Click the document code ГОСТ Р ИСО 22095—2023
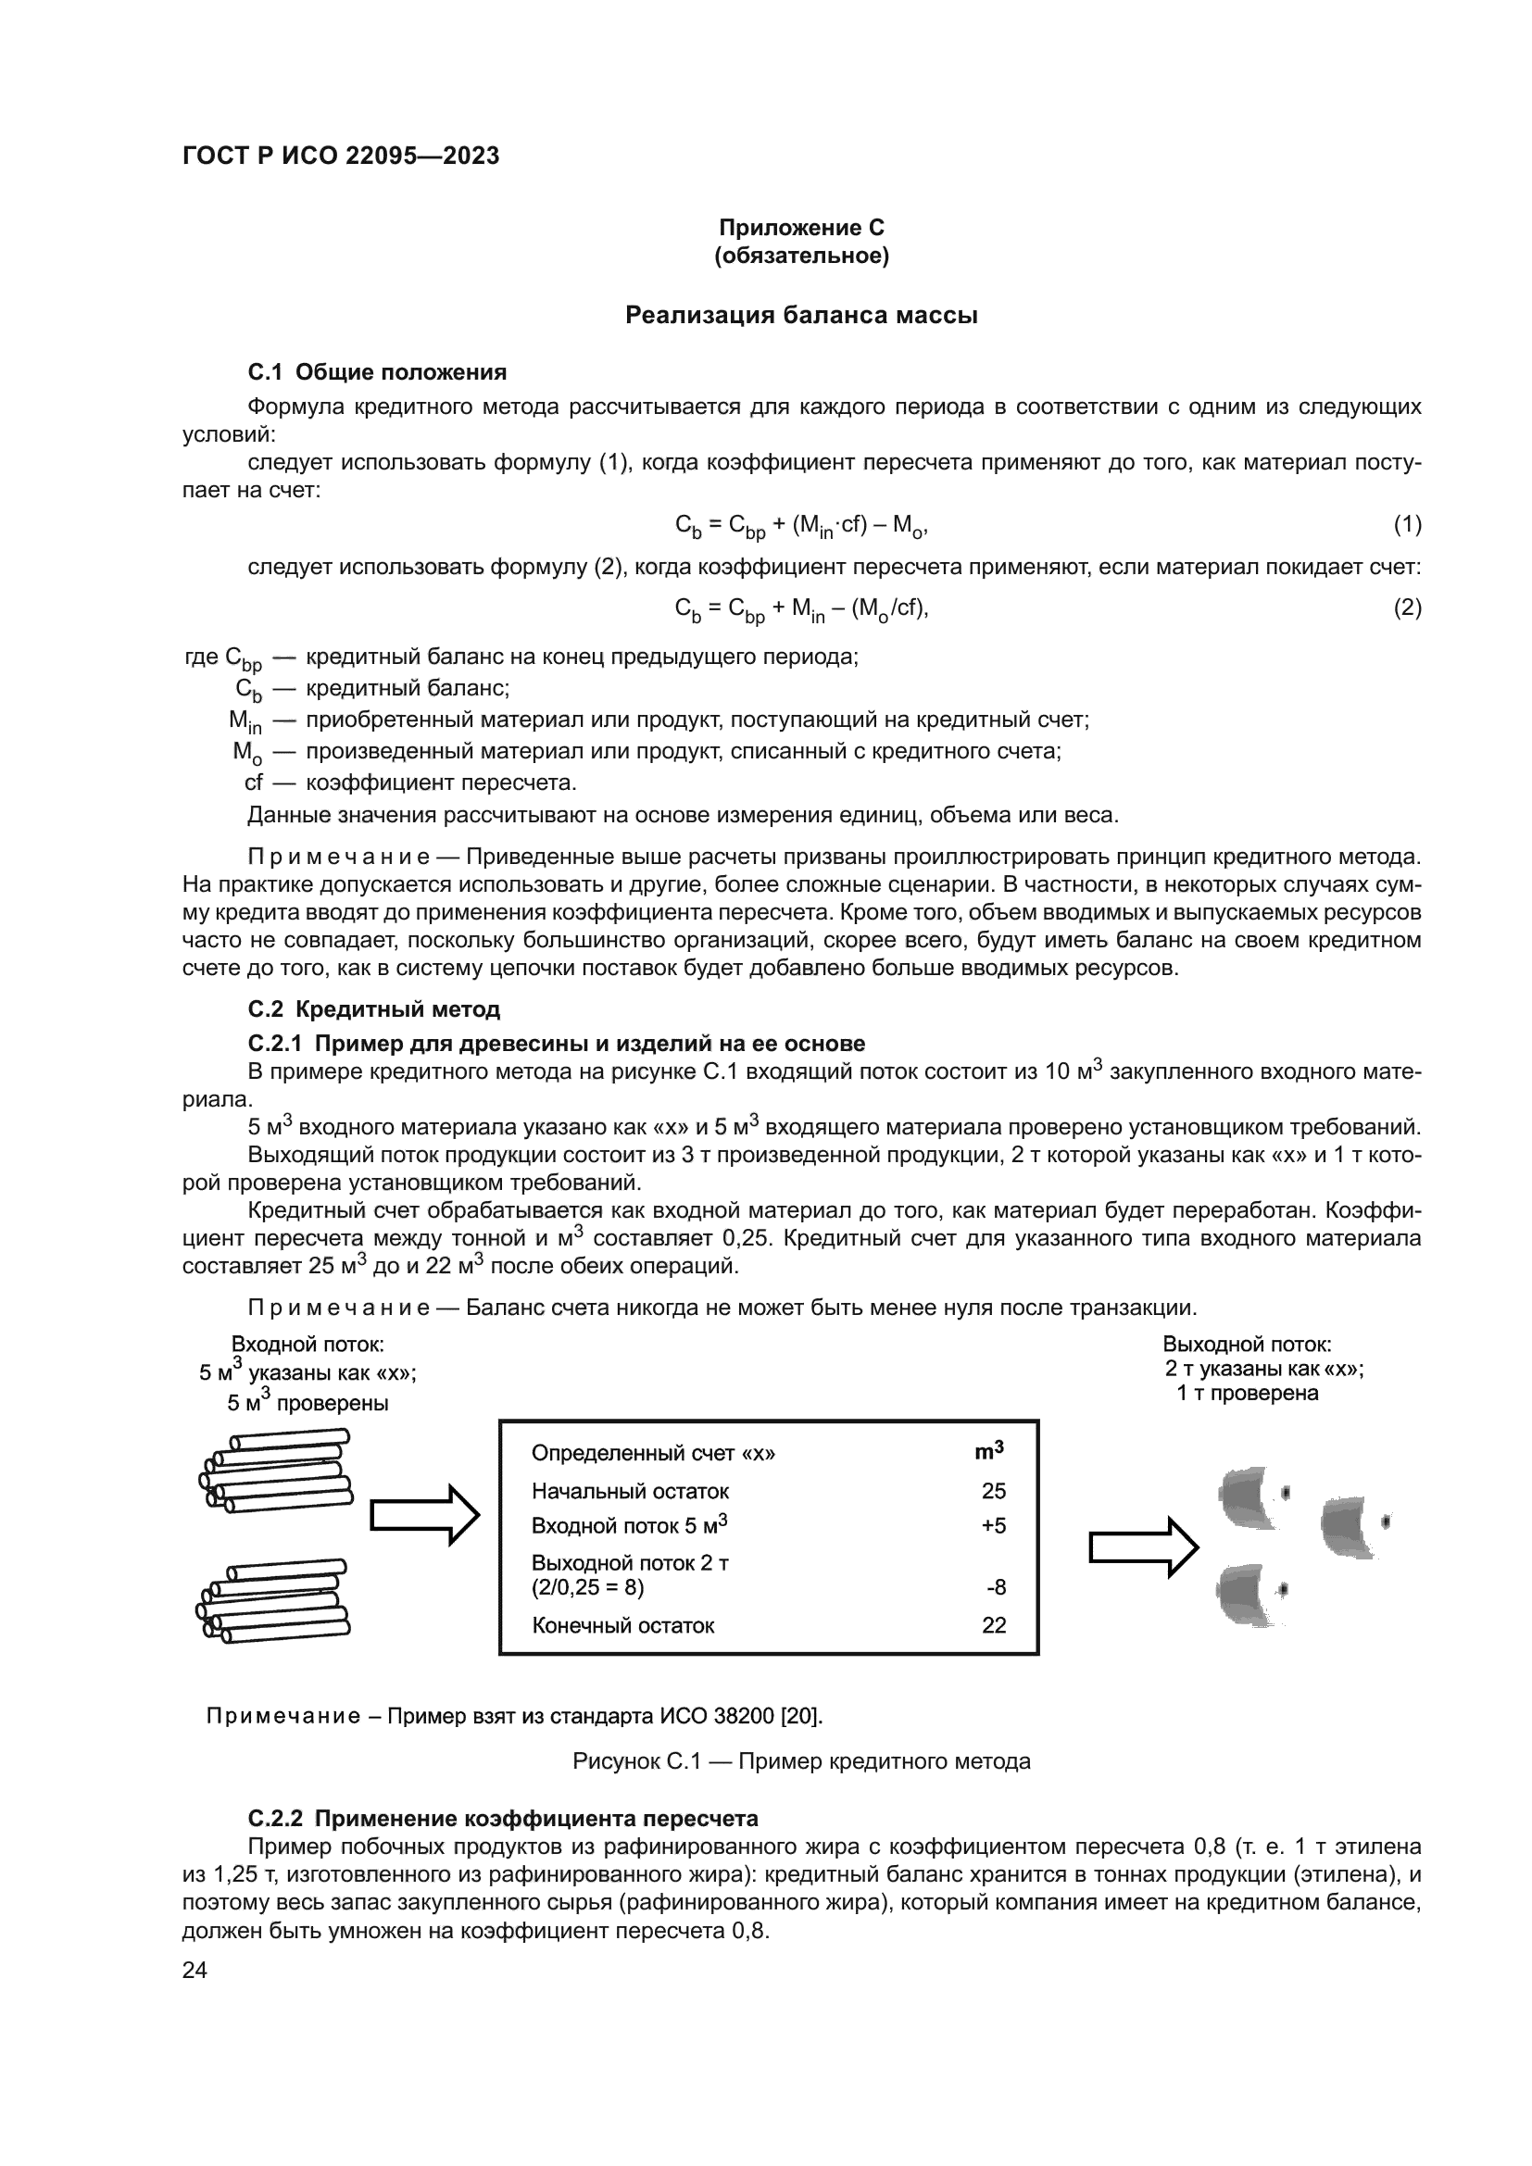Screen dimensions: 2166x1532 tap(341, 157)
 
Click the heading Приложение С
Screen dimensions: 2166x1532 tap(801, 228)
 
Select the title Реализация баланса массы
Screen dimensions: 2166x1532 tap(801, 315)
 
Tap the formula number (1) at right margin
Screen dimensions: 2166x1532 tap(1407, 524)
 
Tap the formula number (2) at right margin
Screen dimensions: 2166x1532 tap(1407, 607)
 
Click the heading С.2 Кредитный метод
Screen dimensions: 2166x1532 tap(373, 1009)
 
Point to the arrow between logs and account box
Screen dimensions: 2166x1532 tap(424, 1515)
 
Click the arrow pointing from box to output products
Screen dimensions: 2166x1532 tap(1143, 1547)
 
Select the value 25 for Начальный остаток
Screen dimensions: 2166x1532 tap(993, 1491)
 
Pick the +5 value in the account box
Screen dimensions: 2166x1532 tap(993, 1525)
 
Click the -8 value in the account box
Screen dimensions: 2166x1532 tap(997, 1588)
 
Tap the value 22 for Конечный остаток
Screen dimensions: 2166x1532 tap(993, 1624)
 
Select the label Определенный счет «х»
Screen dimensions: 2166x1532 tap(653, 1453)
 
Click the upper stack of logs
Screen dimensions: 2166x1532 tap(275, 1471)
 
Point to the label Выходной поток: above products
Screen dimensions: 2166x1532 tap(1246, 1345)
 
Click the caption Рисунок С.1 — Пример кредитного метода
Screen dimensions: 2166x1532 tap(801, 1761)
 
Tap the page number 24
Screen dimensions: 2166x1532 tap(195, 1970)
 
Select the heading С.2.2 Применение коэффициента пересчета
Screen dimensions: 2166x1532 tap(503, 1818)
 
